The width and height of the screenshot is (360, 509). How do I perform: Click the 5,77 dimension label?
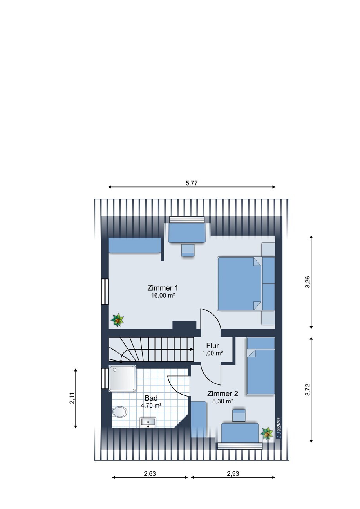click(192, 183)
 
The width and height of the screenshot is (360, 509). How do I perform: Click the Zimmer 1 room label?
click(163, 288)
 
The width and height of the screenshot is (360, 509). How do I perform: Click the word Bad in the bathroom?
click(151, 398)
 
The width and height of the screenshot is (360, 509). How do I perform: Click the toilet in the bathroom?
click(120, 412)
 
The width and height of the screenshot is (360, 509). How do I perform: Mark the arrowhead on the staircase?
click(192, 350)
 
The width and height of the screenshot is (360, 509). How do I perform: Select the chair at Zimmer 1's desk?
click(188, 251)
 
